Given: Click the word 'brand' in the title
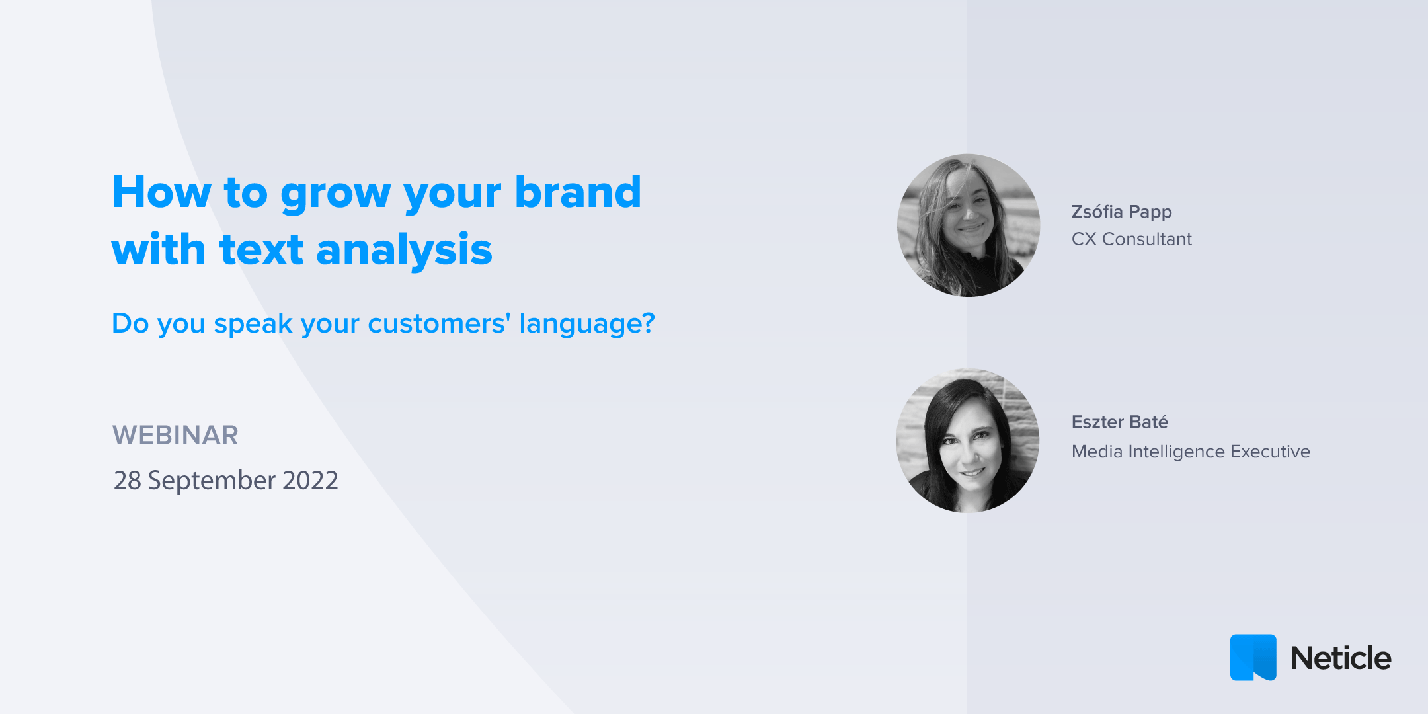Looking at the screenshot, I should coord(578,192).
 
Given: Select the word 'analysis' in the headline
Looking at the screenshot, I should coord(404,250).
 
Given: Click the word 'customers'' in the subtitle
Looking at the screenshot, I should coord(439,323).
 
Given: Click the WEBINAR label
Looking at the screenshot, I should coord(175,435).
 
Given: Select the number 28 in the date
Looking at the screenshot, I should coord(128,481).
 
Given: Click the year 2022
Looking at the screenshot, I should coord(310,481).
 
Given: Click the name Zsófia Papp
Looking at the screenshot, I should coord(1121,212).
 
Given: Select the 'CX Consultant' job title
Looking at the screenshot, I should coord(1131,239).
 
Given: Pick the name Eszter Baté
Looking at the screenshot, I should coord(1119,422).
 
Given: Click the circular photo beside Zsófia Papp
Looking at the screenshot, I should coord(968,225).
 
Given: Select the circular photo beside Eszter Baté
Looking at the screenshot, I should coord(967,440).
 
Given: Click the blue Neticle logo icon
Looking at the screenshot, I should coord(1253,657).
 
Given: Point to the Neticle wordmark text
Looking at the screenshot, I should coord(1341,658).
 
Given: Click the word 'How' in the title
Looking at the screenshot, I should coord(162,192).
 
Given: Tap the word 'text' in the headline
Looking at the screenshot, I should coord(261,250).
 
